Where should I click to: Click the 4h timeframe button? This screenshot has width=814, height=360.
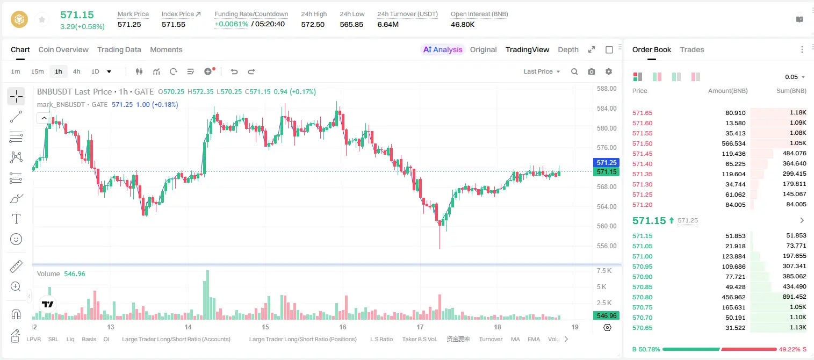click(76, 71)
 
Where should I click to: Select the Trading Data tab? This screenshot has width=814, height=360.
click(119, 50)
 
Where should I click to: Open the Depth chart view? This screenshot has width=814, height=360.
click(568, 50)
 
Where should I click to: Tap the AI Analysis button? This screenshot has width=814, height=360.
click(443, 50)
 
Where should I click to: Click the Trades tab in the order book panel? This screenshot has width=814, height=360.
click(692, 50)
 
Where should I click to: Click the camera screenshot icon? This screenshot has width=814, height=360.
click(592, 71)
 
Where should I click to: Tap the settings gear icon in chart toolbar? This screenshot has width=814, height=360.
click(609, 71)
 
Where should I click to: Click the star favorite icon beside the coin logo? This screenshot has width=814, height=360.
click(42, 20)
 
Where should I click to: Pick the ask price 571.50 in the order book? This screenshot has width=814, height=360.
click(642, 143)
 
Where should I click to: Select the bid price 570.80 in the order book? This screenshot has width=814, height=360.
click(642, 297)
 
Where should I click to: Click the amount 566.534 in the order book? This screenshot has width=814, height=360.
click(733, 143)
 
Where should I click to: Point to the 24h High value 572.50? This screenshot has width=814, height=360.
click(313, 24)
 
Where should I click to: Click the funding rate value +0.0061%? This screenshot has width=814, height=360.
click(232, 24)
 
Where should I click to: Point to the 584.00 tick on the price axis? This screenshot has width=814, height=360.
click(607, 108)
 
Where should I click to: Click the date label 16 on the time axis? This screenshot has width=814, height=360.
click(343, 327)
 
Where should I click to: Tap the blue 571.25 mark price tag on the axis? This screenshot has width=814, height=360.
click(606, 162)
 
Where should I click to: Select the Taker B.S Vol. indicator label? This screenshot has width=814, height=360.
click(419, 339)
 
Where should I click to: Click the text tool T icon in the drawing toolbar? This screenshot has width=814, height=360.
click(16, 219)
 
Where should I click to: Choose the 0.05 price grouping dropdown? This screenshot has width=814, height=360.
click(795, 77)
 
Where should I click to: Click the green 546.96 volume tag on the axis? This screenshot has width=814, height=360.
click(606, 316)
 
